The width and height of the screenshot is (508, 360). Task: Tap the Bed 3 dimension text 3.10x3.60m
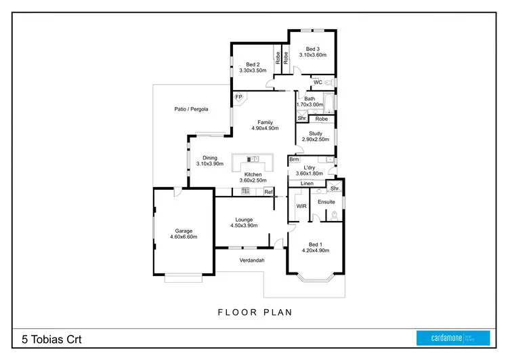coord(312,56)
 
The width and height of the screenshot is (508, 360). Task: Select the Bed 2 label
coord(253,64)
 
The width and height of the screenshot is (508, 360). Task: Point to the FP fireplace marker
coord(238,98)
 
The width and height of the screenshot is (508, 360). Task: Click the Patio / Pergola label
coord(191,108)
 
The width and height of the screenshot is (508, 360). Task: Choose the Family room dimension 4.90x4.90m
coord(265,128)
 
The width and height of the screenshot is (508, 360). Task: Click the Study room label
coord(315,134)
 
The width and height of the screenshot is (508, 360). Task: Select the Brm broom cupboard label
coord(294,160)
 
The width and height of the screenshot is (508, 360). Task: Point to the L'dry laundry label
coord(309,167)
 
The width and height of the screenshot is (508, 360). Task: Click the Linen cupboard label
coord(307,184)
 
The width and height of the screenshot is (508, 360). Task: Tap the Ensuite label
coord(326,201)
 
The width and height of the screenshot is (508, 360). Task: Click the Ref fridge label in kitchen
coord(268,193)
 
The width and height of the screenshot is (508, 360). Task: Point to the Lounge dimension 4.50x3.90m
coord(244,226)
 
